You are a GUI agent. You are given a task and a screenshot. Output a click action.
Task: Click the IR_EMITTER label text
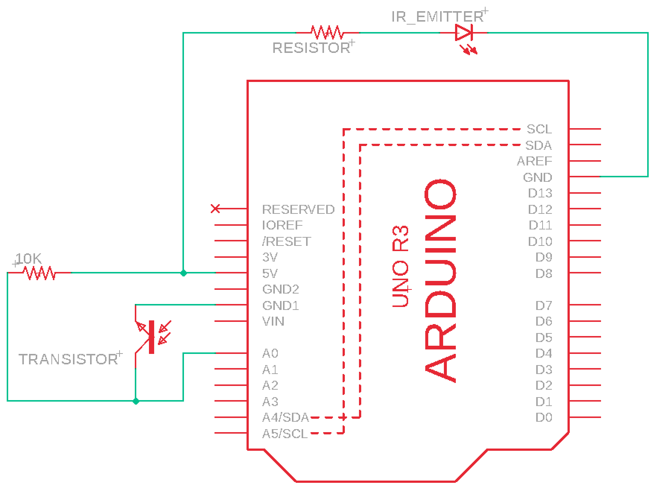point(437,17)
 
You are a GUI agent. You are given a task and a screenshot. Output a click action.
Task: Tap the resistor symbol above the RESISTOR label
point(328,33)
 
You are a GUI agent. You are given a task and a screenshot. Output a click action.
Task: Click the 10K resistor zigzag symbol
point(39,273)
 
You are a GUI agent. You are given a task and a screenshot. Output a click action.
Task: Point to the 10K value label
point(29,259)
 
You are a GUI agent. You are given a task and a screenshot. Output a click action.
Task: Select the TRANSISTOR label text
point(69,359)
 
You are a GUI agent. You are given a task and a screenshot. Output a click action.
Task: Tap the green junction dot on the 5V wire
point(183,273)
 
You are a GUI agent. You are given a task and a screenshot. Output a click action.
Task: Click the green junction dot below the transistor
point(136,401)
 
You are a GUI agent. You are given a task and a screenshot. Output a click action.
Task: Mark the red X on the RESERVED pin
point(215,209)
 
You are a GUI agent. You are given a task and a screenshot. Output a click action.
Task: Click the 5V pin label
point(270,274)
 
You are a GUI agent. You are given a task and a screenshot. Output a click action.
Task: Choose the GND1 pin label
point(281,305)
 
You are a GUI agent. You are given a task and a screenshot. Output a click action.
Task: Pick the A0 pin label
point(270,353)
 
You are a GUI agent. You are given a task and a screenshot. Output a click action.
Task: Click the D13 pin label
point(540,193)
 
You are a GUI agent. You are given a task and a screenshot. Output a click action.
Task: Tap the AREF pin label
point(534,161)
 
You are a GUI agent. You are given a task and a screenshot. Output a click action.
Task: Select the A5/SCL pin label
point(285,434)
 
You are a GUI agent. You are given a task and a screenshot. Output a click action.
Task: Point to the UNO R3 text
point(401,266)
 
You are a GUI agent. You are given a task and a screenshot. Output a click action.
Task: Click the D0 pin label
point(544,418)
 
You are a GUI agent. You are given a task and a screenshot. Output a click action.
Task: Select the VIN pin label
point(273,321)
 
